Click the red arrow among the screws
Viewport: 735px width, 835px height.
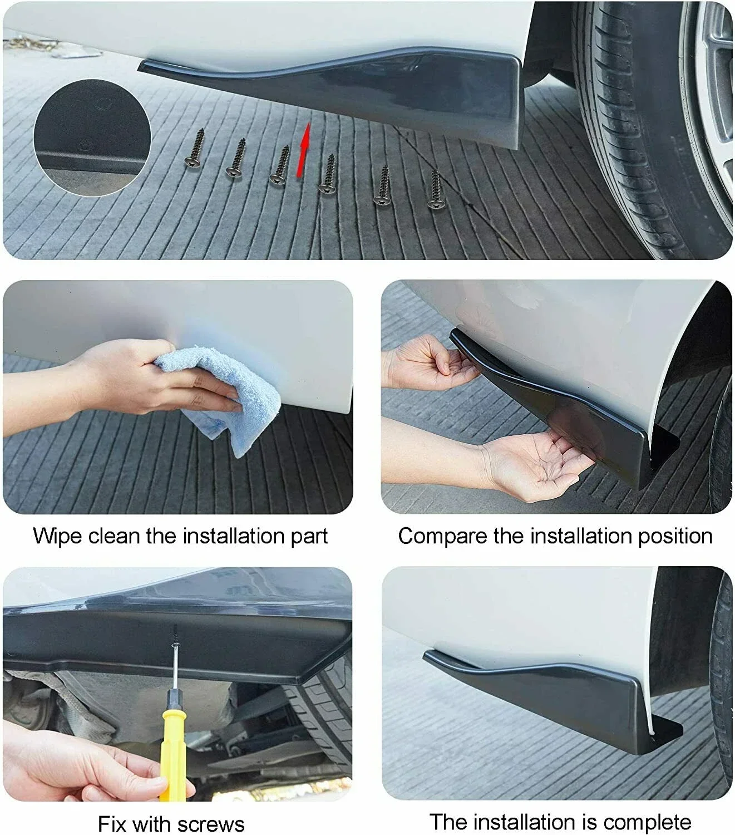(304, 150)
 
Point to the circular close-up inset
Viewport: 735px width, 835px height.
(92, 138)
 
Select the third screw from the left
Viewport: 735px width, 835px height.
(280, 166)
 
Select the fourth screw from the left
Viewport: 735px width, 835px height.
(328, 174)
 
